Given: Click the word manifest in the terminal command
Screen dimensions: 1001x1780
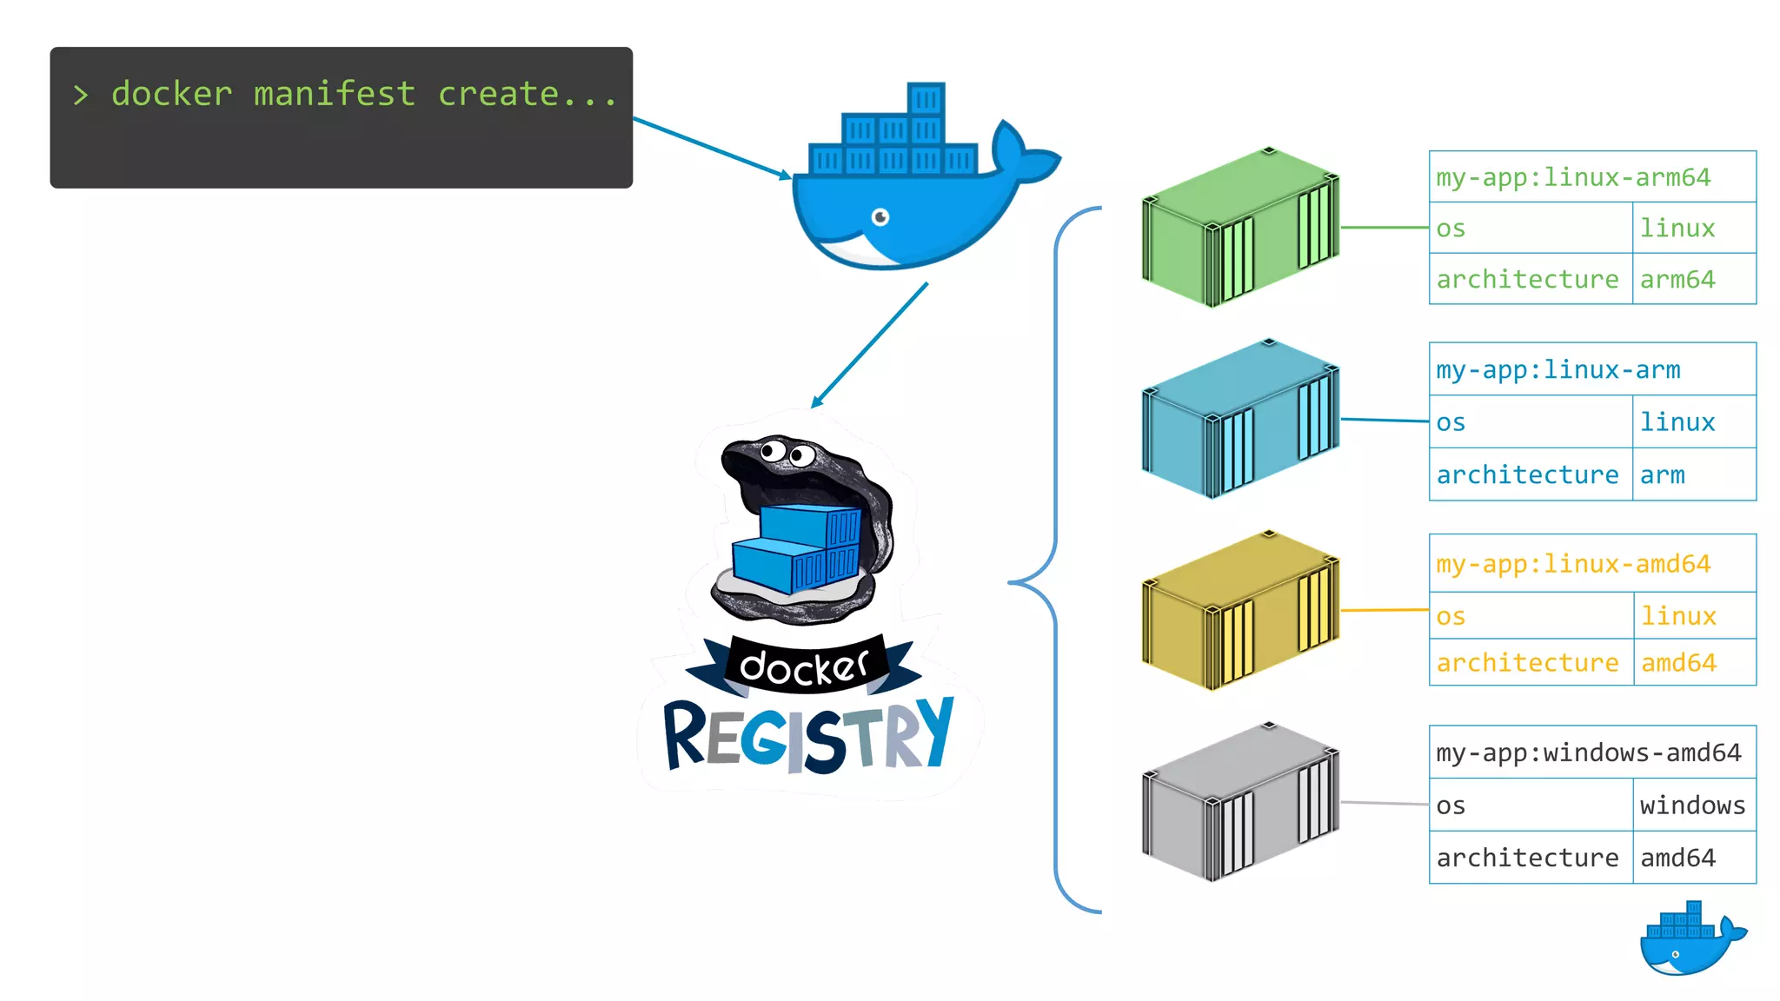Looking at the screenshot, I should (335, 94).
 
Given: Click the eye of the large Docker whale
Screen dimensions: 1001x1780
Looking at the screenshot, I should (880, 216).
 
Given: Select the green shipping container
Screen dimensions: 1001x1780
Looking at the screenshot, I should (1240, 228).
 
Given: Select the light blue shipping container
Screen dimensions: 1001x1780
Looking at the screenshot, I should (1240, 419).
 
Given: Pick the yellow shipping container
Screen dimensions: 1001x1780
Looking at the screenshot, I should (1240, 611).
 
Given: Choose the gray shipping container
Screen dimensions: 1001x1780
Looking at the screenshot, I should (1240, 802).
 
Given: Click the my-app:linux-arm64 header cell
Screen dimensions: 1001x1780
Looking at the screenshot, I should (1573, 177).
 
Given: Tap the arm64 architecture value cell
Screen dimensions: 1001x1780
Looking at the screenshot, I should (1677, 279).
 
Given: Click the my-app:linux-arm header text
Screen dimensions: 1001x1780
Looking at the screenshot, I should (1557, 369).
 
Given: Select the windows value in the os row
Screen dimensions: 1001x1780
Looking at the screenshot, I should (1691, 805).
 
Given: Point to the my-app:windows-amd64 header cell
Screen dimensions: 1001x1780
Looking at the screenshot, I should (1589, 752).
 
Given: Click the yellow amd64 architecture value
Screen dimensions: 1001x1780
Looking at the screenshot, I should (1677, 663).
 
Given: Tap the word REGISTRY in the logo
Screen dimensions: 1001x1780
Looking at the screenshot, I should (808, 737).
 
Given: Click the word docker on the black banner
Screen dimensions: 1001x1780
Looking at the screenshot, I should (803, 666).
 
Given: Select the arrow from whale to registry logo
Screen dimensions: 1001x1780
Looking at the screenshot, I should (869, 345).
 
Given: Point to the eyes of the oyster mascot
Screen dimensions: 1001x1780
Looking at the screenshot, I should (787, 453).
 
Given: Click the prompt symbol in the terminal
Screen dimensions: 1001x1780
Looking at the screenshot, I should (81, 95).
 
